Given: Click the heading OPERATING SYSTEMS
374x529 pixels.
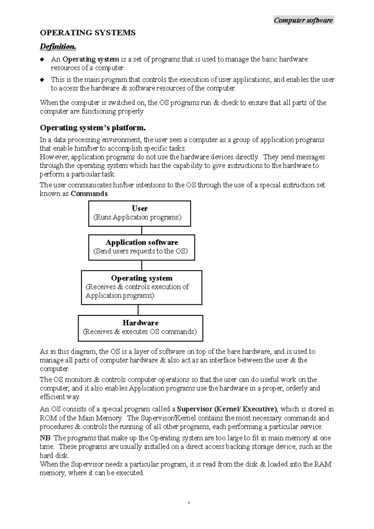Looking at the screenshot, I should tap(88, 33).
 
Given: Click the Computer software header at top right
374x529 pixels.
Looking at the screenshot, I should tap(303, 21).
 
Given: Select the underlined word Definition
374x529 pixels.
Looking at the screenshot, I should tap(58, 47).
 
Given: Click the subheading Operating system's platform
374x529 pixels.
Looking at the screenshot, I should tap(93, 128).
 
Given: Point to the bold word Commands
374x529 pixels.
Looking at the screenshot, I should tap(89, 194).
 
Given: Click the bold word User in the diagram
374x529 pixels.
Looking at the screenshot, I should tap(140, 208).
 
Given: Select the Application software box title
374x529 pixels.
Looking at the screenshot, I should tap(141, 242).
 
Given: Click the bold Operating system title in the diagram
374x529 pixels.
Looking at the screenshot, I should tap(141, 278).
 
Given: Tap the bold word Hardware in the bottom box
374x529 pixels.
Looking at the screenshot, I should tap(140, 323).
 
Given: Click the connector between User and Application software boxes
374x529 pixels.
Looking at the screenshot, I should tap(142, 231).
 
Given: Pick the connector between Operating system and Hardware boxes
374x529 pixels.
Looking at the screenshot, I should tap(138, 310).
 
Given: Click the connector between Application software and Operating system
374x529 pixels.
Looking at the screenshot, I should tap(142, 265).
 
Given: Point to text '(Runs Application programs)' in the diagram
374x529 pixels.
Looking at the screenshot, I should tap(137, 217).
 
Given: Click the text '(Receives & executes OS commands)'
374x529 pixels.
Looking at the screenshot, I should tap(140, 331).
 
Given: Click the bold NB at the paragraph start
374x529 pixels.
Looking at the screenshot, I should tap(44, 438).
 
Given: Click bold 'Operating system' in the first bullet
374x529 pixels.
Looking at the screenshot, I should tap(91, 59).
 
